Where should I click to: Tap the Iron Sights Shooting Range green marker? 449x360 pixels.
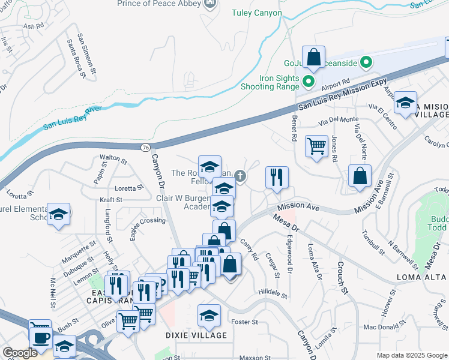click(x=309, y=82)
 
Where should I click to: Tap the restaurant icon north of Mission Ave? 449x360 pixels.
click(x=277, y=177)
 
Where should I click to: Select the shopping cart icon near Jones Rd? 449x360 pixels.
click(x=316, y=145)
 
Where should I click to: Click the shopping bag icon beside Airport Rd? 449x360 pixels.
click(x=313, y=58)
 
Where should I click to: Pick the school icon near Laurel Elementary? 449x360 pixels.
click(x=58, y=214)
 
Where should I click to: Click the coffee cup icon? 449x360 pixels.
click(x=40, y=338)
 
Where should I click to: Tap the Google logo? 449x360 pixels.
click(x=20, y=353)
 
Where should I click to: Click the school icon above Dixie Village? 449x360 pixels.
click(x=209, y=314)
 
